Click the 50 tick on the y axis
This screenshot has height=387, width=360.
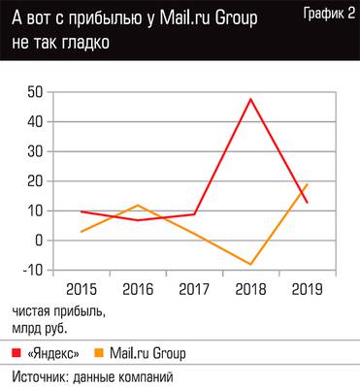[35, 92]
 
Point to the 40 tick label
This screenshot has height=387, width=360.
[35, 122]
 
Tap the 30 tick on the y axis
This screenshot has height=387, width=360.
[35, 151]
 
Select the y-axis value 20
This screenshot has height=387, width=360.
[35, 181]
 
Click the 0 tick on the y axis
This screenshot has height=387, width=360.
[40, 241]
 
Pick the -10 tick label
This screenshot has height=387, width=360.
[31, 270]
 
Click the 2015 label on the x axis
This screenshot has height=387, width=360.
[82, 289]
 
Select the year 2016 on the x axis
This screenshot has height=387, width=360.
[140, 289]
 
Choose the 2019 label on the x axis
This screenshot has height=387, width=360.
[308, 289]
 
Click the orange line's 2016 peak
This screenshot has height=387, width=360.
[140, 206]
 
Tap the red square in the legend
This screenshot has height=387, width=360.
[18, 352]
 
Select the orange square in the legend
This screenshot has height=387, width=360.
[100, 352]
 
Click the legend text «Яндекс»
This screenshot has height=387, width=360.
[53, 352]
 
